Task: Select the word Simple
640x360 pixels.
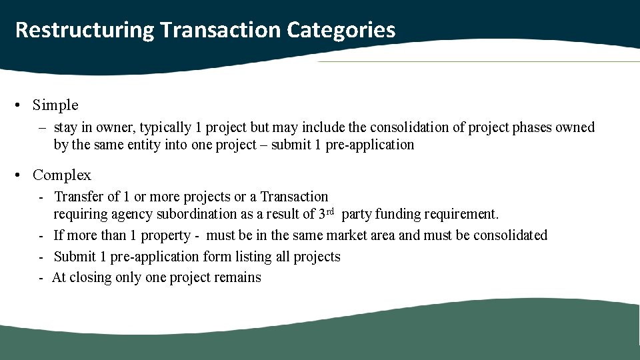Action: pyautogui.click(x=55, y=105)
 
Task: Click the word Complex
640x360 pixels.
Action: pyautogui.click(x=62, y=175)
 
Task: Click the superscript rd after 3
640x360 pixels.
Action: pyautogui.click(x=330, y=211)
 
